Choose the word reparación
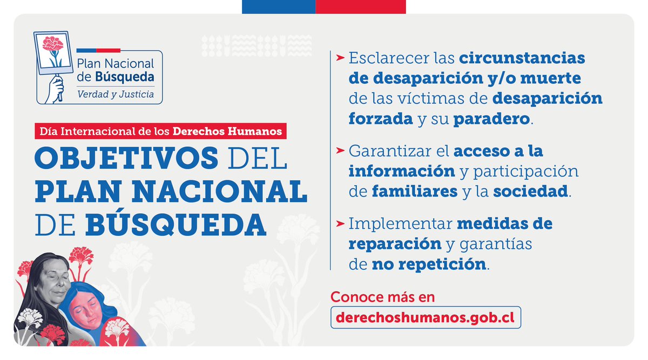click(x=395, y=244)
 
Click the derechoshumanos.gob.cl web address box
click(x=426, y=317)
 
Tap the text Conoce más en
click(x=382, y=297)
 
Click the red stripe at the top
click(x=361, y=6)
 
